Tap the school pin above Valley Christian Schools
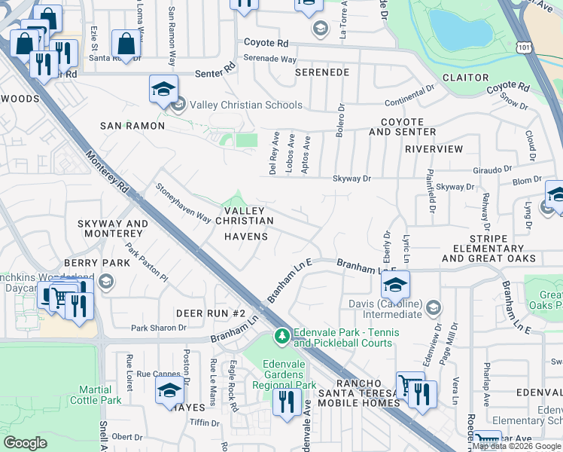[163, 90]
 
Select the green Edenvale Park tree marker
[282, 334]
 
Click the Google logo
[26, 442]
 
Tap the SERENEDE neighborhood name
[321, 72]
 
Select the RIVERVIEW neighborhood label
[434, 149]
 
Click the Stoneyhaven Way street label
[182, 203]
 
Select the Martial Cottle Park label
[100, 395]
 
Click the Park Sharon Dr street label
[158, 328]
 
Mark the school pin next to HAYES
[169, 391]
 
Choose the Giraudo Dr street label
[493, 169]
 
